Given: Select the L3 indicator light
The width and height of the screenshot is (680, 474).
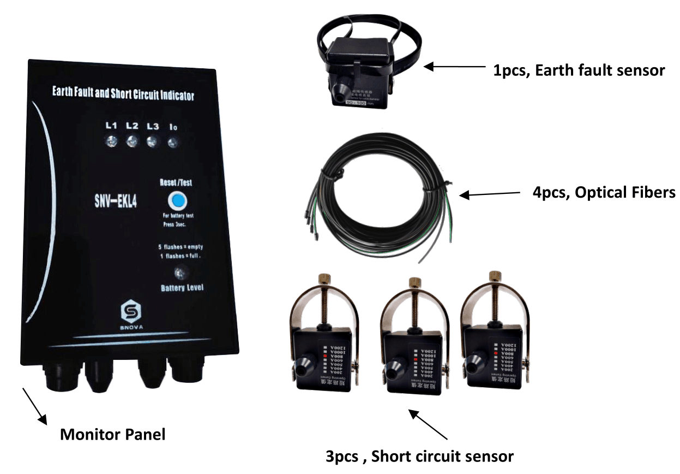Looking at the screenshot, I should (x=152, y=142).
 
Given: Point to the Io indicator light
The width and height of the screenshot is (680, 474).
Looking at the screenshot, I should (x=173, y=143).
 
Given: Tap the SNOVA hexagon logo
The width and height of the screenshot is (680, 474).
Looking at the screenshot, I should (x=131, y=312).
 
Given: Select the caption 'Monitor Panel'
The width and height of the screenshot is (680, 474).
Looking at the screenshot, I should (x=112, y=435).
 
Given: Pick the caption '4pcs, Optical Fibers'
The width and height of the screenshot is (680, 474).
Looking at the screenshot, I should (x=604, y=192).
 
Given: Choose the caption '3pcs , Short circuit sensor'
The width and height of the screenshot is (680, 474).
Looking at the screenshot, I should (x=420, y=456).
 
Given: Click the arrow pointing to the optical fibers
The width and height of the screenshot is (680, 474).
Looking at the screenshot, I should (x=490, y=194).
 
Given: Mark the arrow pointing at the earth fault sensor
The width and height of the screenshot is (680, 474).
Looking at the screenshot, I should (x=455, y=67).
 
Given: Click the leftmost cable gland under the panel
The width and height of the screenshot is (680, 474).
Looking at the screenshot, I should (x=59, y=377).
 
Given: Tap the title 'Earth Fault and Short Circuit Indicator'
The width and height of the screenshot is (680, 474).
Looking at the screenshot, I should (x=123, y=93).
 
